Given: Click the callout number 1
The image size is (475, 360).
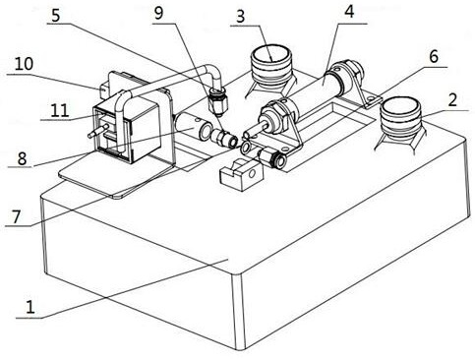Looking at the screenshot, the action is (x=30, y=307).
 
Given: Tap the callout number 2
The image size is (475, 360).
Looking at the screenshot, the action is (x=452, y=99).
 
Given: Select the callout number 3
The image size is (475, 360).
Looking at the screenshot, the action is (x=241, y=17).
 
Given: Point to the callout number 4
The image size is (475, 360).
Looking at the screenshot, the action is (x=349, y=12).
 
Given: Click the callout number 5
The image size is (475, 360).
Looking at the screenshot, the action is (x=56, y=15).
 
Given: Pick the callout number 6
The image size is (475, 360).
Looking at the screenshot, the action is (x=434, y=57).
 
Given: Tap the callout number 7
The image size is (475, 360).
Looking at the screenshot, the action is (x=17, y=216).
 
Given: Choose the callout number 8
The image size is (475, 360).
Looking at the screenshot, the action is (x=22, y=158).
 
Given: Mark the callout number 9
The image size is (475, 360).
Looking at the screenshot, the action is (x=158, y=14).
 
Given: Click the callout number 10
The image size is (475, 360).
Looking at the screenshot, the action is (x=24, y=64).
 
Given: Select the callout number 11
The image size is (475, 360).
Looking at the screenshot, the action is (x=60, y=110).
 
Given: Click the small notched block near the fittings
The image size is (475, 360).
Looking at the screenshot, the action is (x=242, y=174).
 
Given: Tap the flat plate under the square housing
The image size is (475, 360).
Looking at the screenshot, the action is (x=118, y=174).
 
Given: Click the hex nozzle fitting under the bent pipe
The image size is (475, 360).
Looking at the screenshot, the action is (x=217, y=101).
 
